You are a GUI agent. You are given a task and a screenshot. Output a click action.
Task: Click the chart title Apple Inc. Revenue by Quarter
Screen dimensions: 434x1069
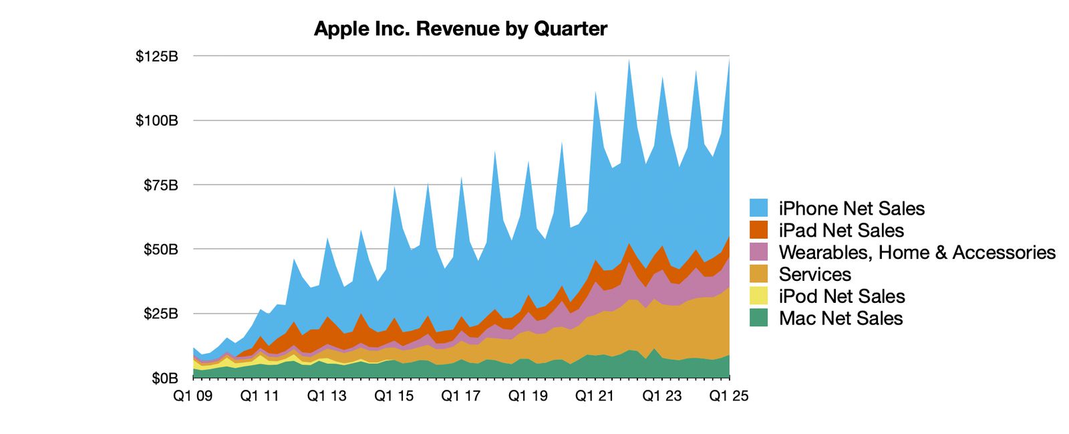(x=460, y=29)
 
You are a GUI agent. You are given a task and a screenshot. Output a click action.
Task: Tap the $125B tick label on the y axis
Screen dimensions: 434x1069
(x=157, y=56)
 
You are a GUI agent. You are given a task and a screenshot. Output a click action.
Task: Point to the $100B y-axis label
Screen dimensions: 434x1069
(x=157, y=121)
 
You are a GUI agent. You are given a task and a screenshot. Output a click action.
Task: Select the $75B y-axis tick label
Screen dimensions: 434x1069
(x=161, y=185)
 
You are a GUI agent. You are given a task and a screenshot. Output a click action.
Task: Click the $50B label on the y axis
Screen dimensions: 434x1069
(x=161, y=249)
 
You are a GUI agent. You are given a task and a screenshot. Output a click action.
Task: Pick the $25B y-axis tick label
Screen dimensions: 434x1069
(x=161, y=314)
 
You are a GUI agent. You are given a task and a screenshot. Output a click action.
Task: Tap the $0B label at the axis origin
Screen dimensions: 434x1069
(x=165, y=378)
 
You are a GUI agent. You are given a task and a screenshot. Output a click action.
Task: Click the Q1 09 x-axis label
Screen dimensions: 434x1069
(x=193, y=396)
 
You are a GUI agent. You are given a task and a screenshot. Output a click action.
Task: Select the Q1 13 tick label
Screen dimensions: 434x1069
(x=327, y=396)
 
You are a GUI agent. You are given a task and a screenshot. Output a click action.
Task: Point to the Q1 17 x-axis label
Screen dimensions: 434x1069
(x=461, y=396)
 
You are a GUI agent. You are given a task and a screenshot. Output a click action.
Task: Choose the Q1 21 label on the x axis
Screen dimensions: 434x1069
(x=595, y=396)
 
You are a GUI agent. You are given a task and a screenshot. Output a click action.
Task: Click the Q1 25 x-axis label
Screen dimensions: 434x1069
(x=729, y=396)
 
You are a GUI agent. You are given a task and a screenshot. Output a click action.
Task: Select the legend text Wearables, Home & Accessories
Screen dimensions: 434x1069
(x=917, y=253)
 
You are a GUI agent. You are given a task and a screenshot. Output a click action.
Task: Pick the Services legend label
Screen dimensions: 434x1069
(x=814, y=275)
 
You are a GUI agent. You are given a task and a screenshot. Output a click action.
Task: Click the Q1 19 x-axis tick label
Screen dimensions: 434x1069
(x=528, y=396)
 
